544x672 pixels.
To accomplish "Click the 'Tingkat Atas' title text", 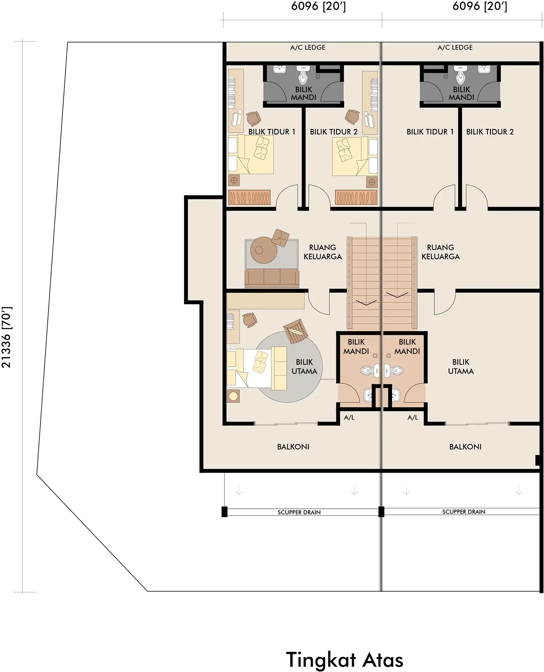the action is (x=344, y=660).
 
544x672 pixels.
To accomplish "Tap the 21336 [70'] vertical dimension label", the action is (x=6, y=337).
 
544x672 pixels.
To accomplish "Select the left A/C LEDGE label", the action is (x=308, y=48).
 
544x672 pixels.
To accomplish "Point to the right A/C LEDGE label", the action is (x=455, y=48).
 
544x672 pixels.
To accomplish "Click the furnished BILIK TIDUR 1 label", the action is (x=272, y=132).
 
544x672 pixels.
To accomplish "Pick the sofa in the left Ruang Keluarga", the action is (x=272, y=278).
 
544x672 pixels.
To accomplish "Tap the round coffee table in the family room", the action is (x=264, y=250).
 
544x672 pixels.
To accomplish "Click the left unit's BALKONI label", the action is (x=293, y=447).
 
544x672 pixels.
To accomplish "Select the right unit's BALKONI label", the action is (x=465, y=447).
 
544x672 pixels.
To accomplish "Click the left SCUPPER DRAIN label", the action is (x=299, y=512).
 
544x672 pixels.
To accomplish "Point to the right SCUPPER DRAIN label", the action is (x=464, y=512).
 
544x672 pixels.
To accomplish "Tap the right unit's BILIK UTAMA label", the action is (x=461, y=367).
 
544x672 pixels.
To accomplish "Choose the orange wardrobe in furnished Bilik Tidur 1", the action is (x=249, y=197).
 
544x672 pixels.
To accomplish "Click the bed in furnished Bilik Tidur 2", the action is (x=354, y=156).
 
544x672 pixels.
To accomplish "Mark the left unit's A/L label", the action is (x=349, y=418).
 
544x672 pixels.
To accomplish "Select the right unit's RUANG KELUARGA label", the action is (x=441, y=252).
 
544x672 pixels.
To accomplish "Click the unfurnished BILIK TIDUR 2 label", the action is (x=490, y=132).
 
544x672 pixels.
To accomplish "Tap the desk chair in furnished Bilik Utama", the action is (x=249, y=320).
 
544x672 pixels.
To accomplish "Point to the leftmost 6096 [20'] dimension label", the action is (x=318, y=6).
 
